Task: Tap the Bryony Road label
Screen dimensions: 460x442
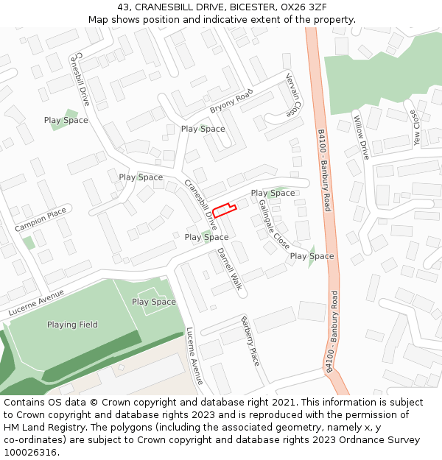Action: point(231,100)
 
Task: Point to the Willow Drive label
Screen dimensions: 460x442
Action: point(361,138)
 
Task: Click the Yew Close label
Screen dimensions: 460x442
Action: point(417,128)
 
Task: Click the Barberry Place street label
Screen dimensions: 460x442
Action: point(250,341)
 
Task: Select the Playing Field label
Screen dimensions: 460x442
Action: point(72,325)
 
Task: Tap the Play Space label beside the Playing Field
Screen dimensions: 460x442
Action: point(154,302)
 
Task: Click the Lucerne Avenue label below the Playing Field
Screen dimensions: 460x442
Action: point(194,356)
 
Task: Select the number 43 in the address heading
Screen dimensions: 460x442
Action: point(123,7)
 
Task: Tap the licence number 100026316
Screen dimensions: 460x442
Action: point(31,452)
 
